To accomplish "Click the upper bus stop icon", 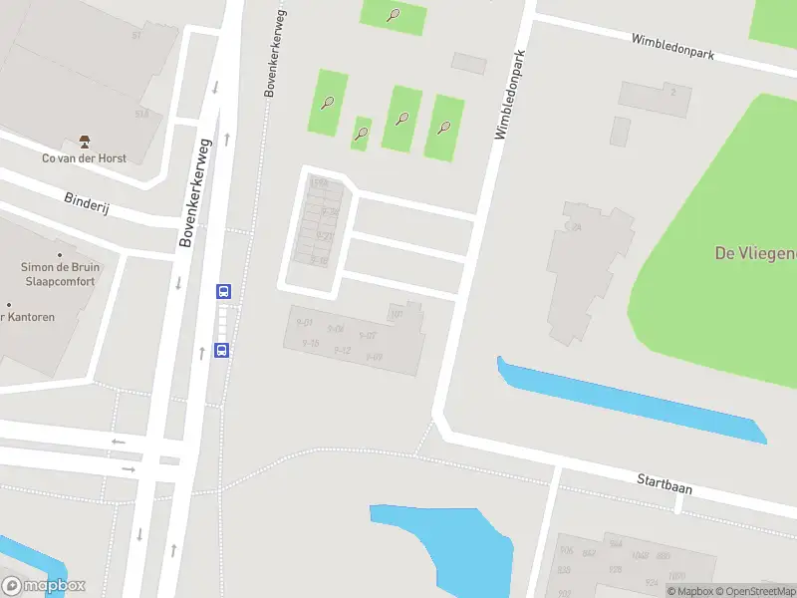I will (224, 292).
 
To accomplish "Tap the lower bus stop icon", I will (222, 350).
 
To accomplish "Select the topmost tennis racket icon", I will (395, 15).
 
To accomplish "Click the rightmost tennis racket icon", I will (444, 128).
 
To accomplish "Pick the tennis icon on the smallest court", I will (362, 134).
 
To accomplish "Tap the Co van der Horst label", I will (84, 157).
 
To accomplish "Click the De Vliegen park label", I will (755, 253).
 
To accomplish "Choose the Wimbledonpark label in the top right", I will (673, 45).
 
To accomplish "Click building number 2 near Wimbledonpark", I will (673, 92).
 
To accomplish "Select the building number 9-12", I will (343, 350).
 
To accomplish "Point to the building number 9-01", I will (305, 323).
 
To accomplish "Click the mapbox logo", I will (44, 586).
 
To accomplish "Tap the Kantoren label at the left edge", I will (28, 317).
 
